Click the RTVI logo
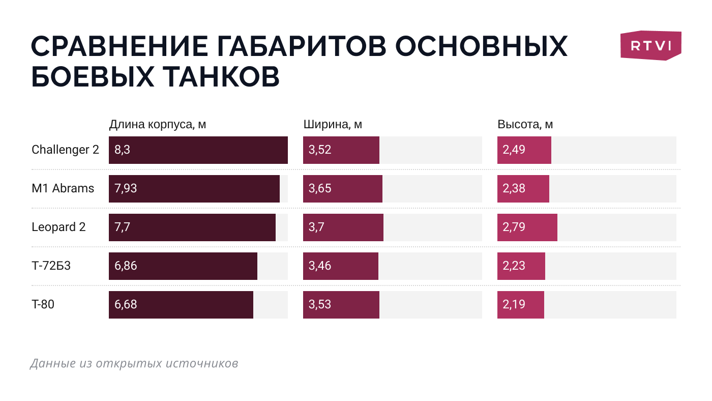650,46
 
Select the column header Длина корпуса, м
158,125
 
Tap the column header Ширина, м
333,125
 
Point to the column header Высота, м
525,125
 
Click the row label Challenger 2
65,150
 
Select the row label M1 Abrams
63,188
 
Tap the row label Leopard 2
58,227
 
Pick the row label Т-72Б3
51,266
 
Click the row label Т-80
43,304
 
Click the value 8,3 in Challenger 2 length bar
123,150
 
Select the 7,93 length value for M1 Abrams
126,188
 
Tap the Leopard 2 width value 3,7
316,227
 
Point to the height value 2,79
514,227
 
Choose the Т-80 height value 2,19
514,304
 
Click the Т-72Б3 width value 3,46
320,266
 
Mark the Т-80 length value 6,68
126,304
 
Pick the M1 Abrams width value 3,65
320,188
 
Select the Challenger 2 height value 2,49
514,150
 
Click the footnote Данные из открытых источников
134,363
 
